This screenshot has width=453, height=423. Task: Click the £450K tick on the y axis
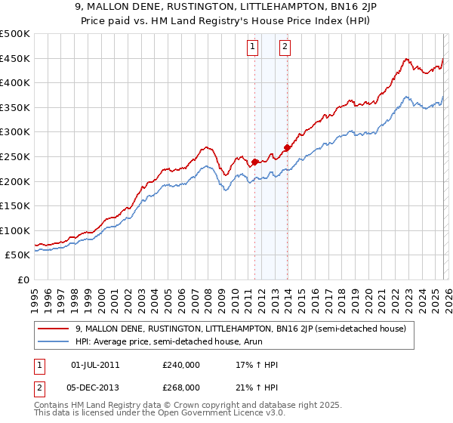tap(15, 59)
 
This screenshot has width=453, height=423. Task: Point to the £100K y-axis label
tap(15, 230)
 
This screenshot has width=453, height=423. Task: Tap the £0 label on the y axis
tap(23, 279)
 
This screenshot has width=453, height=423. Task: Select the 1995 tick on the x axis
tap(35, 294)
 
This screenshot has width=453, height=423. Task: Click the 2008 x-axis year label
tap(208, 294)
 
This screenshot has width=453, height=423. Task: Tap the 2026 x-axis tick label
tap(448, 294)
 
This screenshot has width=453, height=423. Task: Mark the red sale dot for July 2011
tap(254, 162)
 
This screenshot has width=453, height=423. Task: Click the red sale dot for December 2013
tap(287, 148)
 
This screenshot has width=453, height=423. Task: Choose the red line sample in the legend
tap(52, 329)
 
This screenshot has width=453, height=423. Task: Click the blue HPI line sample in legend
tap(52, 341)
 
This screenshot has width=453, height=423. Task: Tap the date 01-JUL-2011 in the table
tap(94, 364)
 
